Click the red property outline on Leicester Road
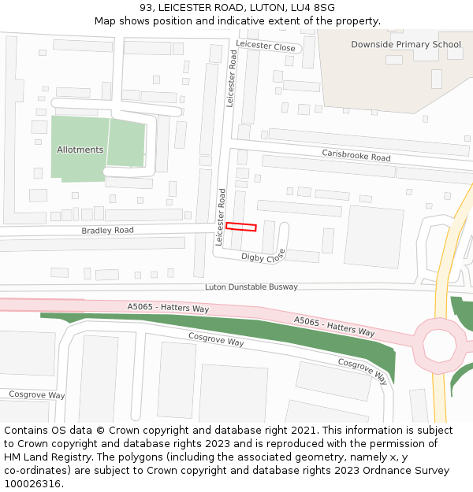click(241, 227)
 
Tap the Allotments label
click(80, 150)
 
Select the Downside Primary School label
click(406, 45)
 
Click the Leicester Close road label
click(266, 47)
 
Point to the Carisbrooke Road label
click(356, 155)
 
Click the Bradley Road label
click(107, 231)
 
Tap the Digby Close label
click(263, 257)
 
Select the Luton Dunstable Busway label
click(251, 287)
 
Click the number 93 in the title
click(146, 8)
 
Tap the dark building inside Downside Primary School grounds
click(436, 79)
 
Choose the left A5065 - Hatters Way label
click(168, 308)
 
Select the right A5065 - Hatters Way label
click(334, 326)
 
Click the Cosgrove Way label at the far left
click(36, 394)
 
